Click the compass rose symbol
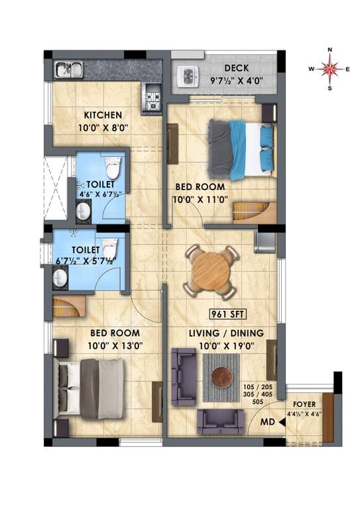[330, 68]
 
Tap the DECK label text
[236, 68]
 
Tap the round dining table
[211, 270]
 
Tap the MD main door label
[268, 422]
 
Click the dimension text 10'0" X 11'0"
[200, 198]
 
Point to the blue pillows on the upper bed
[265, 139]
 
